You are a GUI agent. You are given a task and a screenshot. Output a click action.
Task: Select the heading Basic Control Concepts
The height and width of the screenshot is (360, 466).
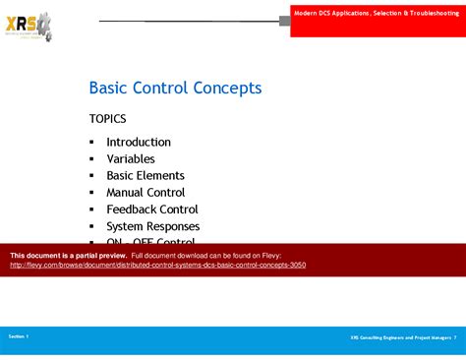coord(175,89)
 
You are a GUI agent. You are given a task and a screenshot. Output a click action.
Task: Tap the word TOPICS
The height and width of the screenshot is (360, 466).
coord(108,119)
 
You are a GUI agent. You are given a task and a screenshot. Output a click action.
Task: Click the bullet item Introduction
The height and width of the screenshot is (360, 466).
coord(139,142)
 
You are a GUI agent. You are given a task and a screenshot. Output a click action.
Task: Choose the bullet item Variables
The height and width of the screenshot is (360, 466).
coord(131,158)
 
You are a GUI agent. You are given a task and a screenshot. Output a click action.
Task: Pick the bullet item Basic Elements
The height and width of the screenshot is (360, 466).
coord(146,175)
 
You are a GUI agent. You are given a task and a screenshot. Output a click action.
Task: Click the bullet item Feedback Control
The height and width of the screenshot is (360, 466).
coord(152,209)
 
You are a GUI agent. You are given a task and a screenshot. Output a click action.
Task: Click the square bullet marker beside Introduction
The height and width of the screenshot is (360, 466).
coord(91,143)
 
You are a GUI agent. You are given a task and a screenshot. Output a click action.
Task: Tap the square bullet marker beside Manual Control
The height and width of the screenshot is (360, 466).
coord(91,193)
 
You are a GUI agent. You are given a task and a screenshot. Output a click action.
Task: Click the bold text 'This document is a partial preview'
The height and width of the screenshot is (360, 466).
coord(68,255)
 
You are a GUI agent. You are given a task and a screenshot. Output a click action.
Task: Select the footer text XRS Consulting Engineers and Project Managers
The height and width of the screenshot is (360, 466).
coord(399,337)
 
